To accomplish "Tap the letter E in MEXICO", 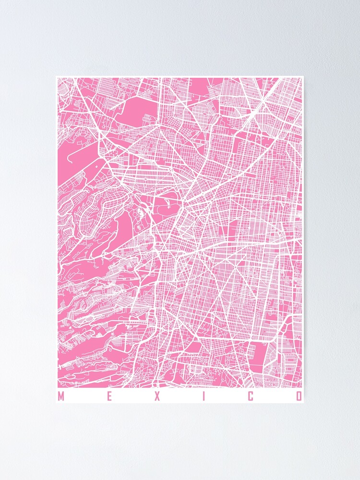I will pos(109,396).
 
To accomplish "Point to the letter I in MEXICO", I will pos(204,396).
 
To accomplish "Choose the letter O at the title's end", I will pos(299,396).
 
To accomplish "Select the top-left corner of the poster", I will pos(56,76).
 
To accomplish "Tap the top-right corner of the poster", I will pos(304,76).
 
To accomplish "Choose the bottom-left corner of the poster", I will pos(56,402).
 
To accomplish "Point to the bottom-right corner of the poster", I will pos(304,402).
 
